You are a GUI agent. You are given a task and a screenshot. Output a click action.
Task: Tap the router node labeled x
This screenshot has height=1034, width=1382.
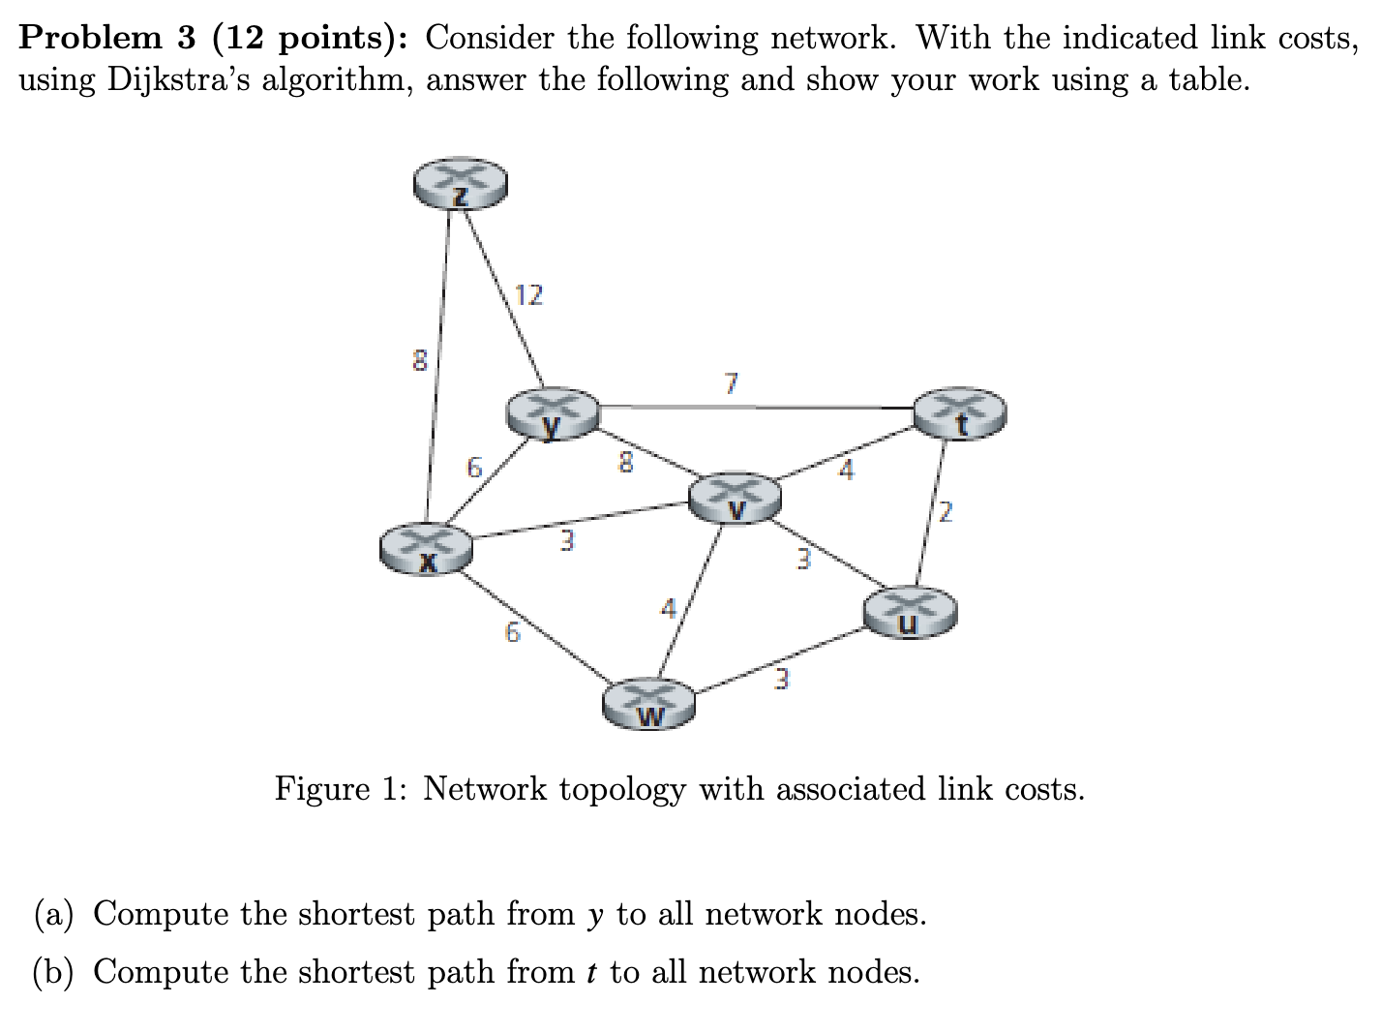click(x=426, y=548)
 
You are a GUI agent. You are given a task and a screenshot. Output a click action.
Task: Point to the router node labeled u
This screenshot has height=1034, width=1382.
click(x=910, y=613)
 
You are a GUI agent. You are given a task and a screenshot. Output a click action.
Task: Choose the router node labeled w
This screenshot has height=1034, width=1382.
click(x=649, y=702)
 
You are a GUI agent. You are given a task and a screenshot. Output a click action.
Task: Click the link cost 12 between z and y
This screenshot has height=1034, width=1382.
click(x=528, y=294)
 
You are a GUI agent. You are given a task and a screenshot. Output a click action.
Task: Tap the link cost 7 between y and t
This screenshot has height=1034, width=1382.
click(x=732, y=384)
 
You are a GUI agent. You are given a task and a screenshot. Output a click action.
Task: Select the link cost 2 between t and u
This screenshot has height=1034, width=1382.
click(x=946, y=512)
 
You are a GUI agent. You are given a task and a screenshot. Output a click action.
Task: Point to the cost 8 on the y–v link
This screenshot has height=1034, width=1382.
click(x=626, y=464)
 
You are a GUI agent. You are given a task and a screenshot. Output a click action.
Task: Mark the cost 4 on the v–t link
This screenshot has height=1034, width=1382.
click(x=847, y=471)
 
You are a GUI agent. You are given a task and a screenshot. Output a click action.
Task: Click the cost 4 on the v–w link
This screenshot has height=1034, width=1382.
click(x=667, y=610)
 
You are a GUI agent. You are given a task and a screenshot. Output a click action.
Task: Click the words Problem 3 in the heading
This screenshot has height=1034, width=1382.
click(x=91, y=38)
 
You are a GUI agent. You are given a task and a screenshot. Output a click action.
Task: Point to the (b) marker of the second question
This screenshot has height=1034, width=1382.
click(x=55, y=971)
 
